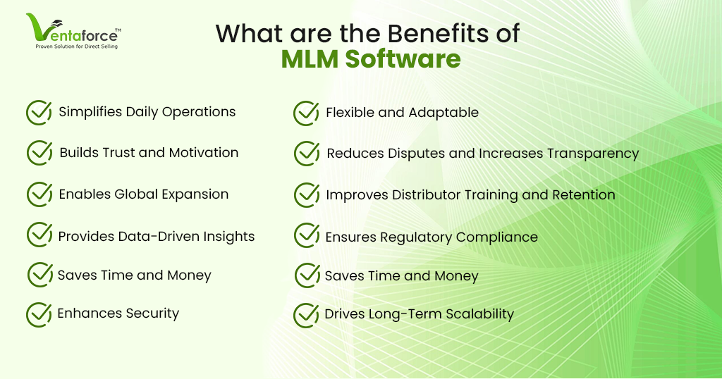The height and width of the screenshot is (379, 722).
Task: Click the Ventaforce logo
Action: (73, 31)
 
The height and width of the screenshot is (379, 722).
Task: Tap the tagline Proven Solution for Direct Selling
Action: (77, 46)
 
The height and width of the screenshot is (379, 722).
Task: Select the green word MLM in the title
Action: (310, 59)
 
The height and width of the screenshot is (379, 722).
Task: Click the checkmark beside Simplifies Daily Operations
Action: (39, 112)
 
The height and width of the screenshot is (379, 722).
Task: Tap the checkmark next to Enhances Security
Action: (39, 314)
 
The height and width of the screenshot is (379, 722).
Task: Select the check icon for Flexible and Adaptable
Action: (306, 113)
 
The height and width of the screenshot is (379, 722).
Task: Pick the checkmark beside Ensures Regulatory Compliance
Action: (307, 235)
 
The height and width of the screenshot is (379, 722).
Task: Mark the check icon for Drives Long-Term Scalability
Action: (306, 315)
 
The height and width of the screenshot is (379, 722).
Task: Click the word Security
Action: (152, 313)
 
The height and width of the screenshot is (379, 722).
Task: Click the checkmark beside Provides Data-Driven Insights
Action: (39, 235)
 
